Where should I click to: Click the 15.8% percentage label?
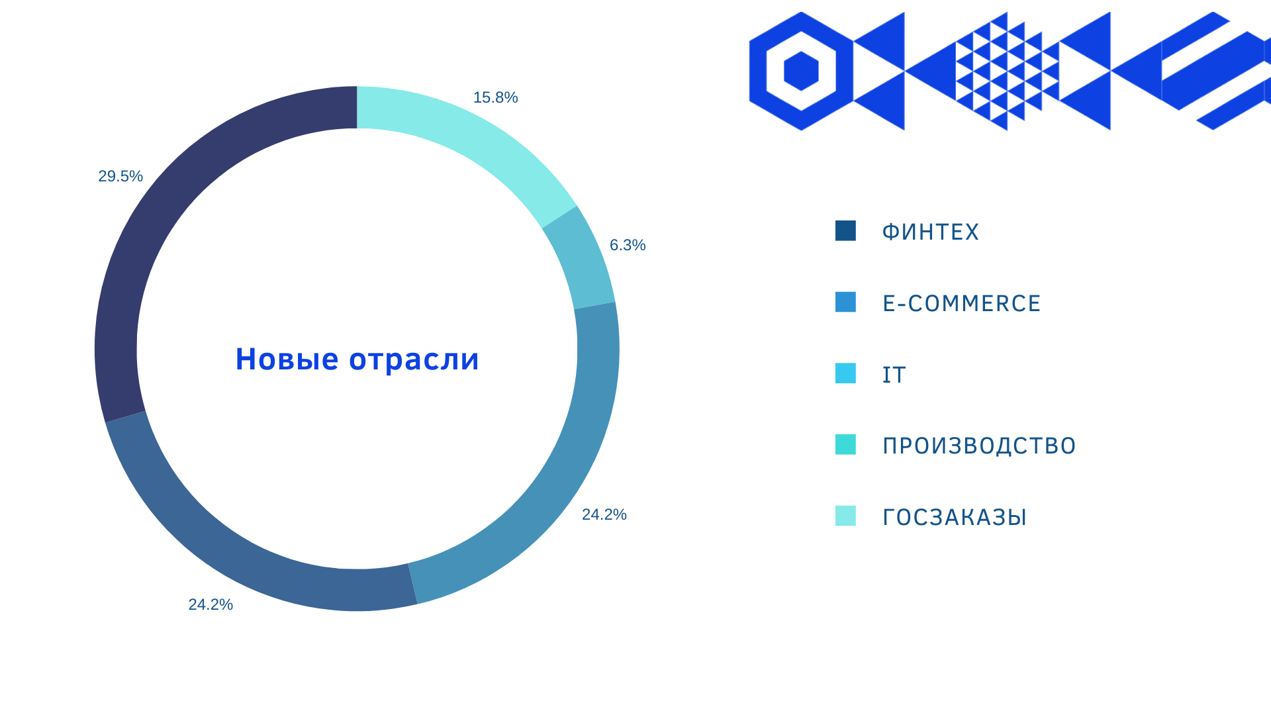(495, 97)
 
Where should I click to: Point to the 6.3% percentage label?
(628, 245)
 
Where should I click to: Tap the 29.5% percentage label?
(120, 176)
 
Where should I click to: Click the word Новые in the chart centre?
(287, 359)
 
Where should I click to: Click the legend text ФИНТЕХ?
(930, 232)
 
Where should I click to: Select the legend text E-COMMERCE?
(961, 303)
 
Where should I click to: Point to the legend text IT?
(894, 375)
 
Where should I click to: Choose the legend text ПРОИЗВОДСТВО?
(979, 446)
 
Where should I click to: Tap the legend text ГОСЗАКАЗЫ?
(955, 517)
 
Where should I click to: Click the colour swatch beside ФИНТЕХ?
(845, 230)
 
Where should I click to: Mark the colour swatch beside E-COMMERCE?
(845, 302)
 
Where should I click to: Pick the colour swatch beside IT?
(845, 373)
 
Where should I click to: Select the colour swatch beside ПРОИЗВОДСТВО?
(845, 444)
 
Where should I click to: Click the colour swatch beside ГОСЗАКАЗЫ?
(845, 516)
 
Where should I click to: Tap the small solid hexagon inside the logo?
(801, 71)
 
